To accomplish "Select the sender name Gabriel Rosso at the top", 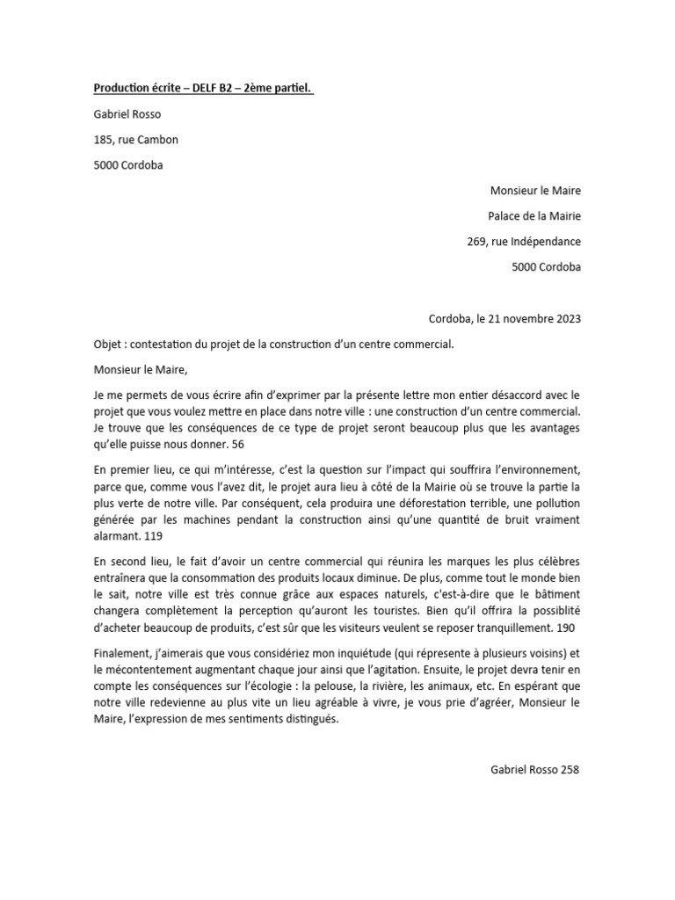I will (127, 114).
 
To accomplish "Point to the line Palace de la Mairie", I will (534, 216).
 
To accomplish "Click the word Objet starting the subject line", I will (109, 344).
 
